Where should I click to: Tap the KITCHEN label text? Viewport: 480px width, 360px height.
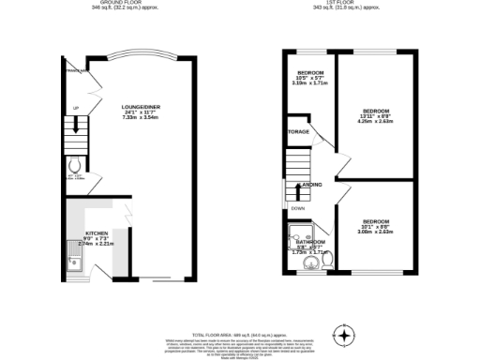pos(97,232)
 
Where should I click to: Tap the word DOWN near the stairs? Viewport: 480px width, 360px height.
pos(297,209)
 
